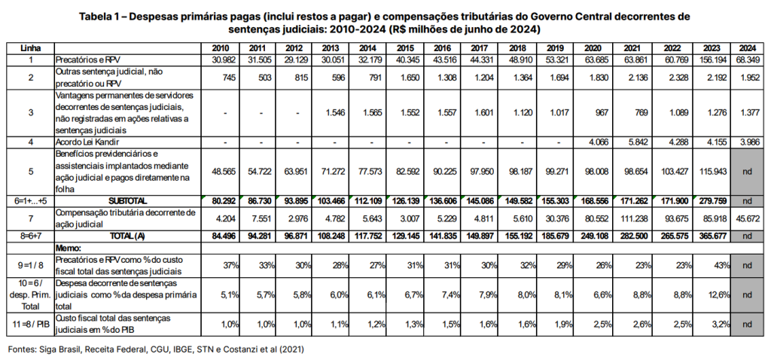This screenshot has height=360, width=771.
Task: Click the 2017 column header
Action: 478,48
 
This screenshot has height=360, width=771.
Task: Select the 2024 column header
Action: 747,48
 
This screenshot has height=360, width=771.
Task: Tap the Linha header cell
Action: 30,48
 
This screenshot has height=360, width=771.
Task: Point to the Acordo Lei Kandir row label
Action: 87,142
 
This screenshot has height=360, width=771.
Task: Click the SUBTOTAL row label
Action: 128,201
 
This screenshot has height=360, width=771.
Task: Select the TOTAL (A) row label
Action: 128,236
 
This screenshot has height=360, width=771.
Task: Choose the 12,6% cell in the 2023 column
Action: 718,294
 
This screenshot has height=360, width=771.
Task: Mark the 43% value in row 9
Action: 722,266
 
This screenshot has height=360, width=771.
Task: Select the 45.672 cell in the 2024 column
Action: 747,218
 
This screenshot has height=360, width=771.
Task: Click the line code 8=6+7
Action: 30,236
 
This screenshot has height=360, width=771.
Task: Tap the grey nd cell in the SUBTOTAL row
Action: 747,201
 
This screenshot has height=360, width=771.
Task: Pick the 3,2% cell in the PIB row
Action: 720,324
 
